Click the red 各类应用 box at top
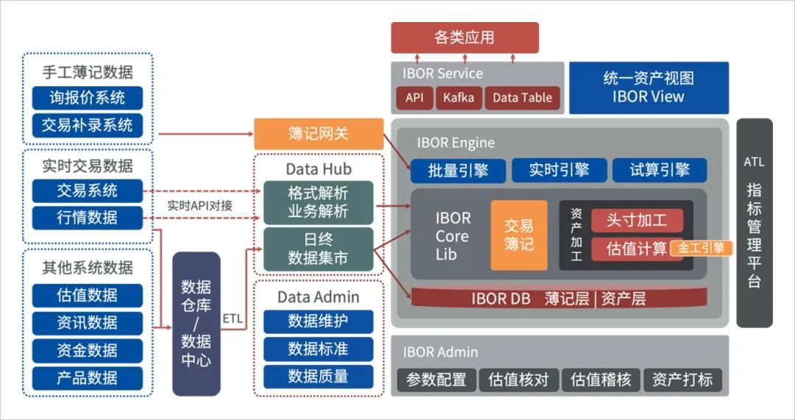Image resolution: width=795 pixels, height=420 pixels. (x=464, y=38)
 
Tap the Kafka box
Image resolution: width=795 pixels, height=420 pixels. (x=459, y=98)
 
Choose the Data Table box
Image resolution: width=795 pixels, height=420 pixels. (x=522, y=98)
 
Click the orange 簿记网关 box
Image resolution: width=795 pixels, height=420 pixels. (x=318, y=134)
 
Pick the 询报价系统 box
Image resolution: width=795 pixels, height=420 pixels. (x=87, y=98)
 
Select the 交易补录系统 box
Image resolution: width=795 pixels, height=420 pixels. (x=87, y=125)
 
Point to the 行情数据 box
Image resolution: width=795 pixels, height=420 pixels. (x=87, y=218)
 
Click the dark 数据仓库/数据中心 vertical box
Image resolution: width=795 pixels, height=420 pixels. (x=196, y=324)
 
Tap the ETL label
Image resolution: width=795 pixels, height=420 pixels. (x=233, y=318)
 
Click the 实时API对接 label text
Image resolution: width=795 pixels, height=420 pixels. (x=199, y=206)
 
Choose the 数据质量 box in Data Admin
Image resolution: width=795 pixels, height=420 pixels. (x=318, y=377)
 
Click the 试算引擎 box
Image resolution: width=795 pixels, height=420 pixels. (x=660, y=171)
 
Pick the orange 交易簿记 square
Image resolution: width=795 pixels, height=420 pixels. (x=519, y=235)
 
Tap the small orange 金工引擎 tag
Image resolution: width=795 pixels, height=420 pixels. (x=701, y=248)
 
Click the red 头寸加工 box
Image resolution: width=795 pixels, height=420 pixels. (x=636, y=221)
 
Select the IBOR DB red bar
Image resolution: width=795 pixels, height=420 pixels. (x=558, y=298)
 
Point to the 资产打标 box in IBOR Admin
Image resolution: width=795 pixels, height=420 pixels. (x=682, y=380)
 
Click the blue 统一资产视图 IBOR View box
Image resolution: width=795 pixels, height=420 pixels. (x=649, y=88)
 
